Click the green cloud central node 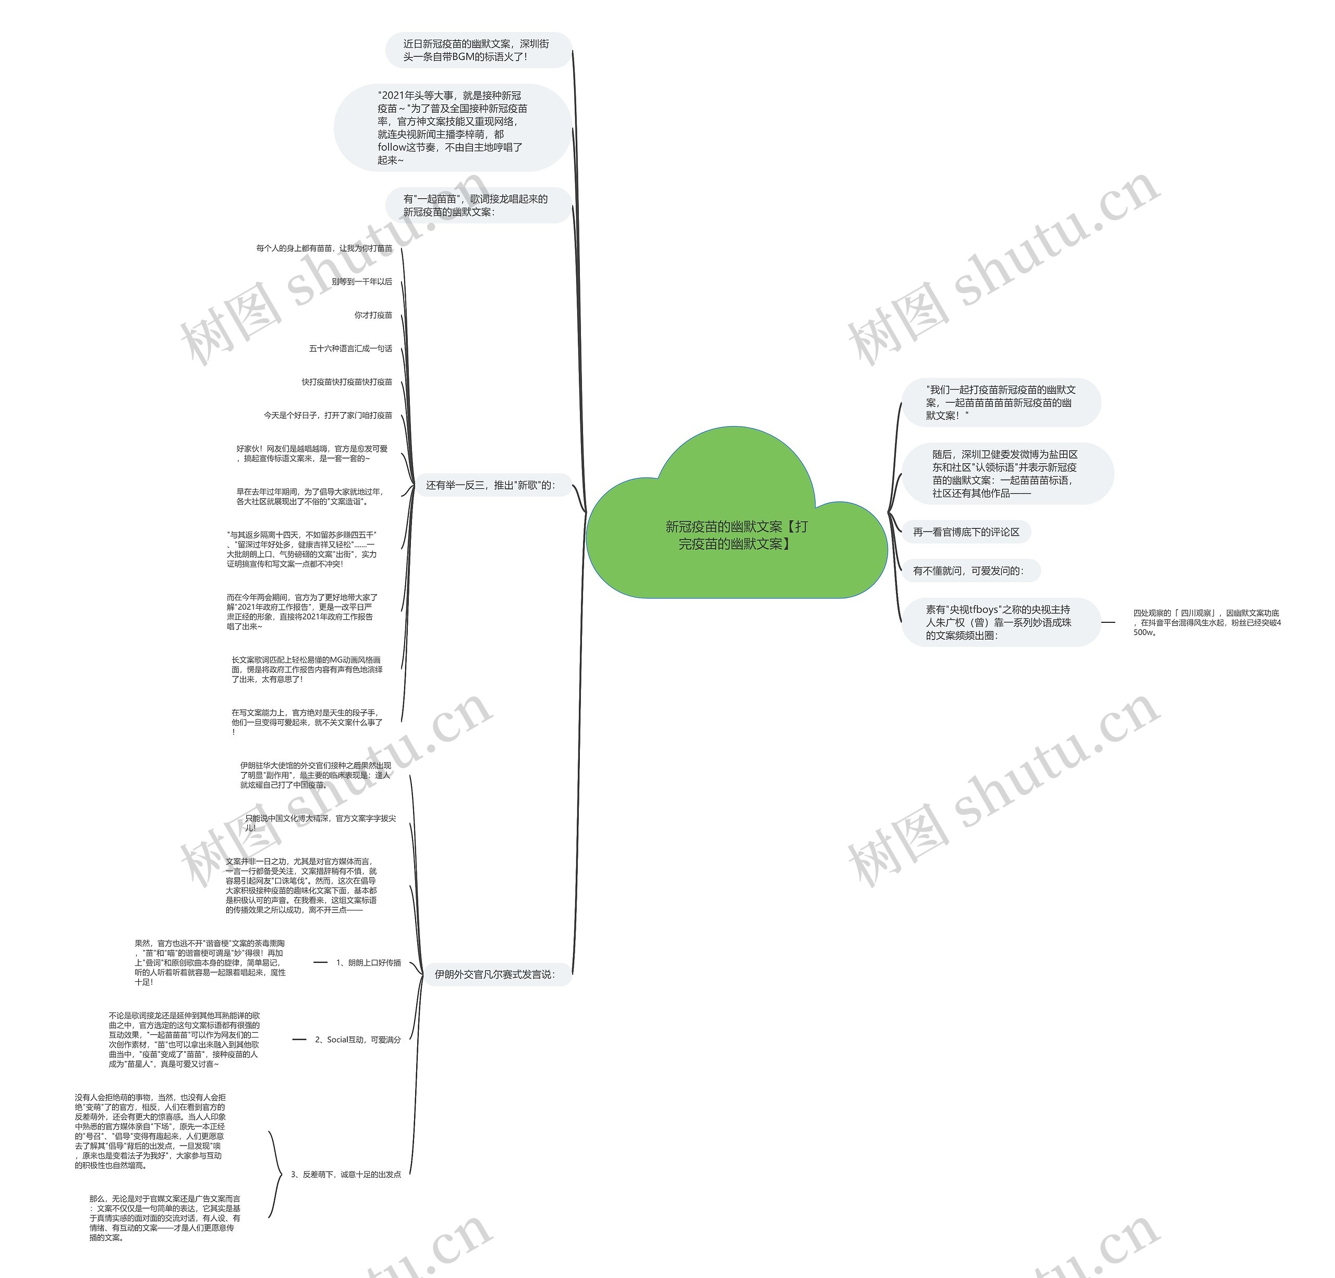pyautogui.click(x=736, y=534)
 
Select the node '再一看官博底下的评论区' pyautogui.click(x=966, y=532)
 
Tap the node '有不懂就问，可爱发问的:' pyautogui.click(x=968, y=571)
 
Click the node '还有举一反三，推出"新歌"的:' pyautogui.click(x=490, y=485)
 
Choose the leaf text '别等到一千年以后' pyautogui.click(x=362, y=281)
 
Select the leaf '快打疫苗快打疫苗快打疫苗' pyautogui.click(x=347, y=381)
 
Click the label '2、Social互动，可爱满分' pyautogui.click(x=358, y=1040)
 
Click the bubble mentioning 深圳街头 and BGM pyautogui.click(x=476, y=50)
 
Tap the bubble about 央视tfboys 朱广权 pyautogui.click(x=999, y=622)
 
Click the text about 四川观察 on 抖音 pyautogui.click(x=1207, y=622)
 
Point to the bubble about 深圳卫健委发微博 pyautogui.click(x=1005, y=474)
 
